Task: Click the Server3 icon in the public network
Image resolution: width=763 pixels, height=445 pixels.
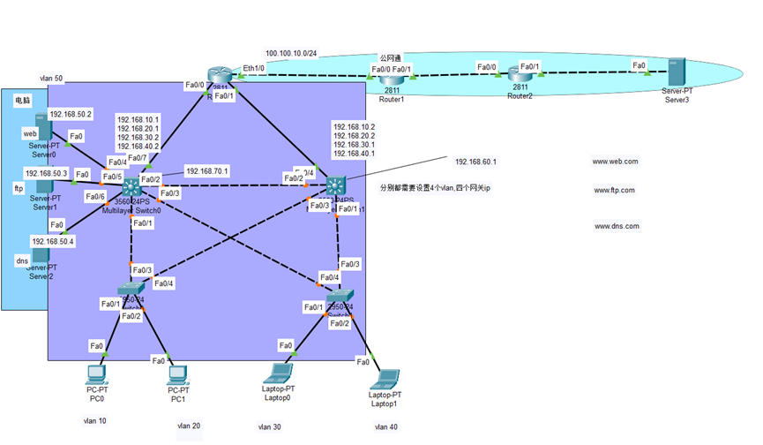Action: [x=676, y=73]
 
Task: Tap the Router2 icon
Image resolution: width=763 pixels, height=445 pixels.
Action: [x=520, y=79]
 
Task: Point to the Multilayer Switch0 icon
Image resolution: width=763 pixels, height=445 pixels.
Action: [x=131, y=188]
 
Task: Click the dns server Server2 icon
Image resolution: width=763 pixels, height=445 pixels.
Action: [x=41, y=256]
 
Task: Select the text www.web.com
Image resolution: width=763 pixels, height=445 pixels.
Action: [x=616, y=162]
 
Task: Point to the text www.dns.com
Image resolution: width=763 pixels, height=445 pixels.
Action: [x=617, y=226]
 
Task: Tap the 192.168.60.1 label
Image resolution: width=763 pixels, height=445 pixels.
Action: [x=475, y=162]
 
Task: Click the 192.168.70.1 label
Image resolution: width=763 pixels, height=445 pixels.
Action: [x=207, y=170]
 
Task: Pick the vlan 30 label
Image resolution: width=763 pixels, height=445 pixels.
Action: [x=269, y=426]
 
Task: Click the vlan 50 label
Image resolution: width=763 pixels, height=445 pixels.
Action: [x=52, y=79]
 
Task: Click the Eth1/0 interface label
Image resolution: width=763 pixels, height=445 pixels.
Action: [x=254, y=68]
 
